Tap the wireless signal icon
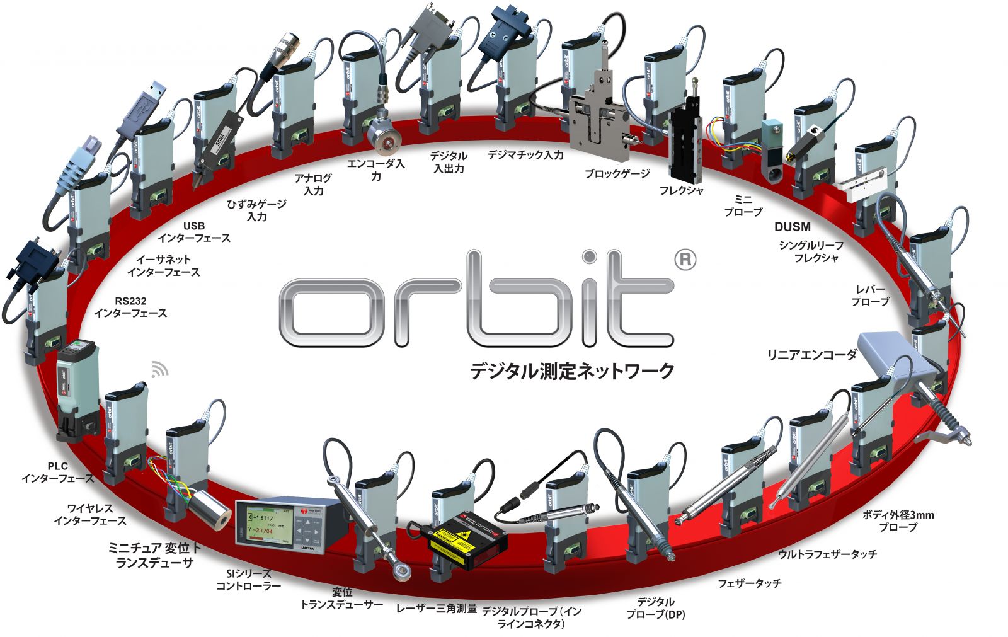(x=160, y=369)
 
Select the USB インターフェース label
(x=194, y=232)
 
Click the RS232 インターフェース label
(x=131, y=307)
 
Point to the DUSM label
(x=792, y=227)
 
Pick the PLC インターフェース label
(x=57, y=473)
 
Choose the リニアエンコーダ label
(x=811, y=355)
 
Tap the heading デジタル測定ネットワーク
(x=572, y=370)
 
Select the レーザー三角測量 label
(x=437, y=609)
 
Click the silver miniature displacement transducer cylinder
(x=207, y=508)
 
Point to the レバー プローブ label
(x=870, y=296)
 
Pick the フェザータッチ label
(x=750, y=583)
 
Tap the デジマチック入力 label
(x=525, y=154)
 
